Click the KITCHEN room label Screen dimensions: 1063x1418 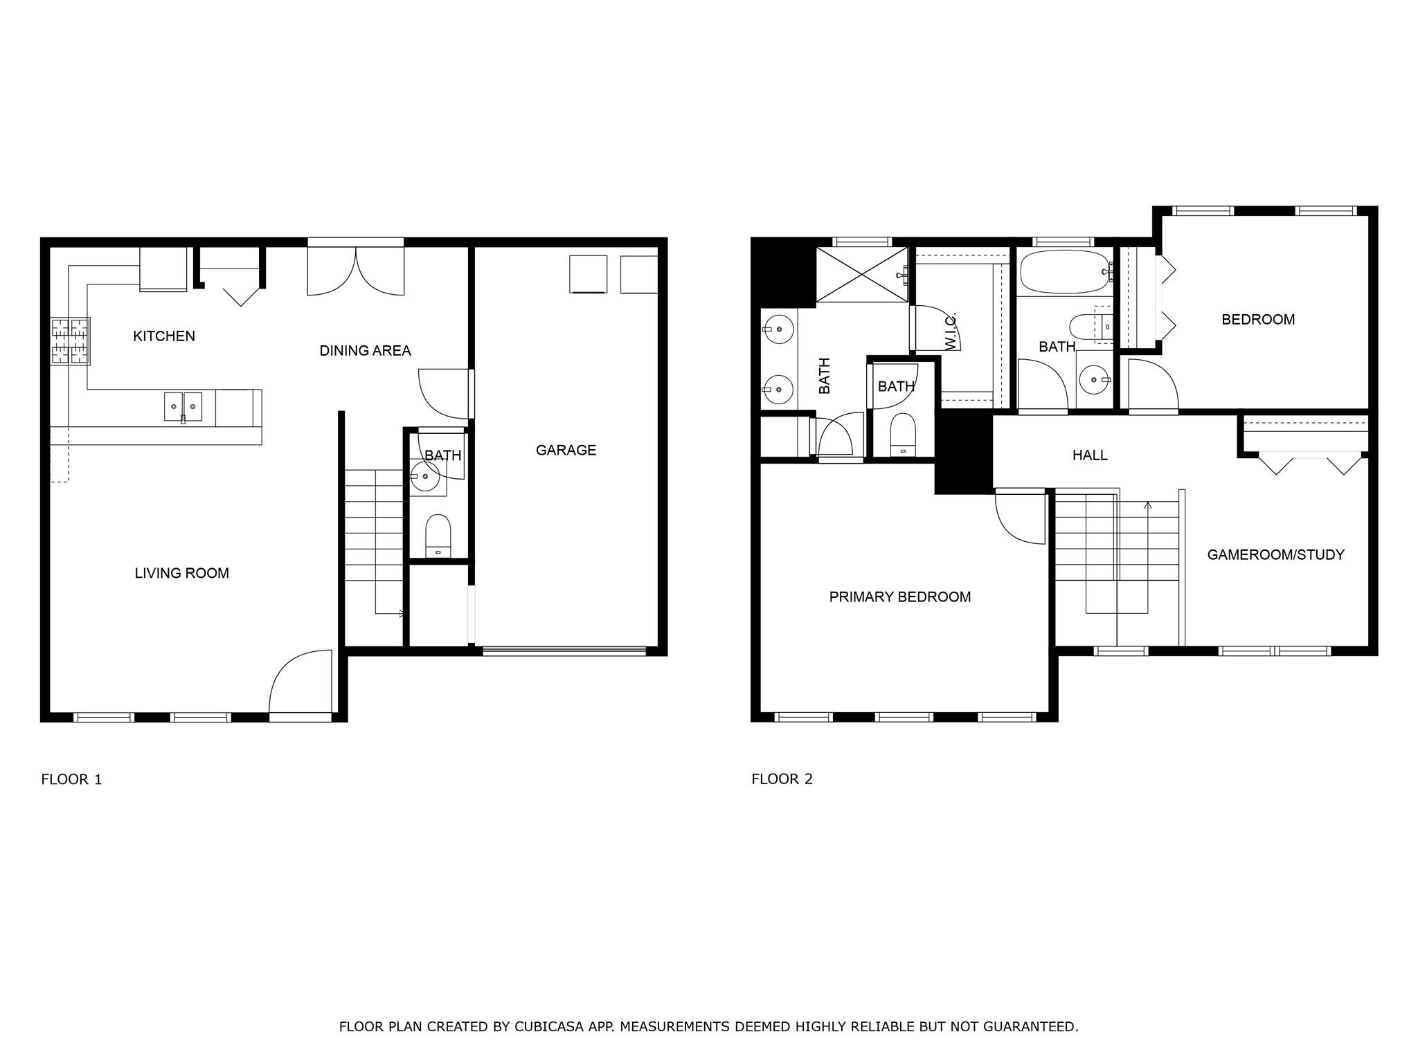click(x=164, y=336)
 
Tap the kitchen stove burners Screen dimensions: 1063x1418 click(x=71, y=340)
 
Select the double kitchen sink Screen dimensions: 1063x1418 click(x=183, y=406)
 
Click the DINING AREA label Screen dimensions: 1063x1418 click(x=365, y=351)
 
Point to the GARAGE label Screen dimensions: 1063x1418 click(x=566, y=451)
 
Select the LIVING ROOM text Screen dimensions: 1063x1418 click(x=181, y=573)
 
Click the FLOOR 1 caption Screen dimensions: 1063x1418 click(x=71, y=779)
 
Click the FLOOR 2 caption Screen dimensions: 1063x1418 click(x=782, y=779)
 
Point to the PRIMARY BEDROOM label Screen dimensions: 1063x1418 click(x=899, y=597)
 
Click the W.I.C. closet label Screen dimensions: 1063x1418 click(x=950, y=330)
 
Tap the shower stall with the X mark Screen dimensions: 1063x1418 click(x=861, y=274)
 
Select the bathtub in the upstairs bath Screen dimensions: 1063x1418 click(x=1063, y=272)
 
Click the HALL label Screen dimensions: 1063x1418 click(x=1089, y=455)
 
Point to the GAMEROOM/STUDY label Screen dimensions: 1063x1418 click(x=1275, y=554)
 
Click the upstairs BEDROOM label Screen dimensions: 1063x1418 click(x=1257, y=320)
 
